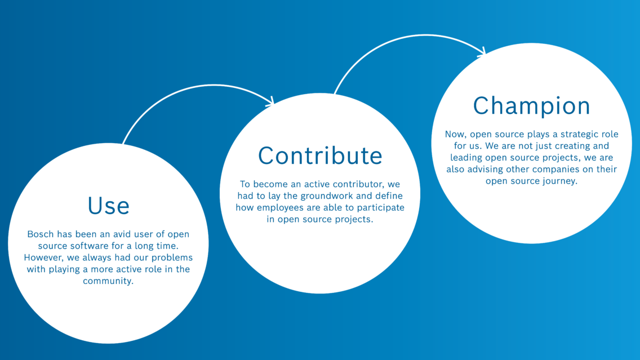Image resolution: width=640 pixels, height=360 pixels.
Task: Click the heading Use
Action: point(109,206)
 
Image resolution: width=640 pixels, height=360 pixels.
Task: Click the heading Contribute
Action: point(320,155)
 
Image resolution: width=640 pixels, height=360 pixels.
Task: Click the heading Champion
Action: point(531,106)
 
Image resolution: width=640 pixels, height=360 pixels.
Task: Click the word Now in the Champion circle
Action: point(455,135)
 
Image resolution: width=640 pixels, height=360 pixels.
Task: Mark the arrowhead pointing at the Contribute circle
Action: point(270,101)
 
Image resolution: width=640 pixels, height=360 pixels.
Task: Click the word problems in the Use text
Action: point(174,257)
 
